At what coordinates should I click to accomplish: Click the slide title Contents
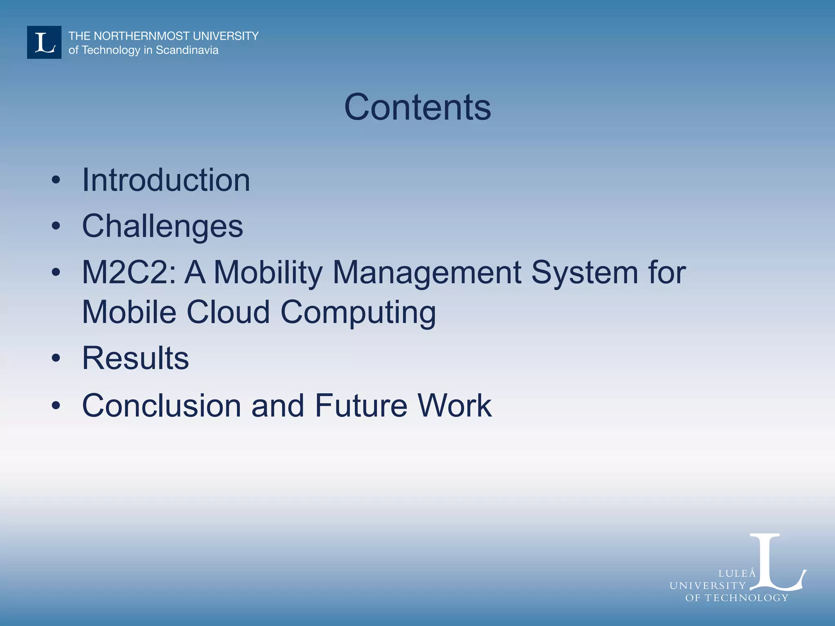coord(417,107)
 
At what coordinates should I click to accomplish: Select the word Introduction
coord(166,180)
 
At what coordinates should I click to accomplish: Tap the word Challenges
coord(162,226)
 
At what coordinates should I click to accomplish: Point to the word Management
coord(427,272)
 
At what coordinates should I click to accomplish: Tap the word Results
coord(135,358)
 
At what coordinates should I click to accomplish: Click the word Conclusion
coord(161,406)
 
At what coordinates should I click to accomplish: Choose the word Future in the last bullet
coord(361,406)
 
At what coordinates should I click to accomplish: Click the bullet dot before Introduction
coord(56,181)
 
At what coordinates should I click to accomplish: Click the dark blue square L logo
coord(44,42)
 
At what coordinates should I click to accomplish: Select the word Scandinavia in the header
coord(187,50)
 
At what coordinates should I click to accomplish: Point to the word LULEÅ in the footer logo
coord(737,573)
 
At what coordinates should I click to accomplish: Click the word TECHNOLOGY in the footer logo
coord(747,598)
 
